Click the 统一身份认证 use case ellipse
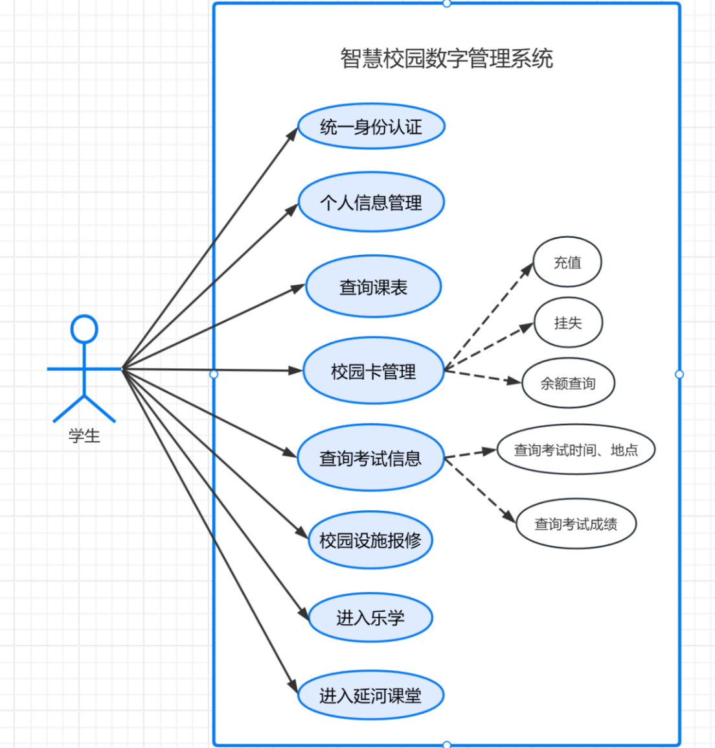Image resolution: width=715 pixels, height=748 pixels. [371, 126]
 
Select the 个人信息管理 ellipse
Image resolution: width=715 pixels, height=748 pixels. [371, 202]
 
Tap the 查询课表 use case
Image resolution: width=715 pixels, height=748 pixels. [373, 287]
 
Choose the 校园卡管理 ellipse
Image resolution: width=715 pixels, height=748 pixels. [373, 371]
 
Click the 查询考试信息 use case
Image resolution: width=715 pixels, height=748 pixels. [370, 458]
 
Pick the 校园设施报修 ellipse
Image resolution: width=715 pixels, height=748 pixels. [370, 540]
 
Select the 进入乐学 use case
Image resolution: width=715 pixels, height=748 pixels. [370, 618]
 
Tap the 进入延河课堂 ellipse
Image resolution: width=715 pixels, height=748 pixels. [370, 695]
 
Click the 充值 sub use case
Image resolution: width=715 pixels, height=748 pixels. [567, 263]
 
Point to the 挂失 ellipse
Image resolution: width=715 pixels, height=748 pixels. [568, 323]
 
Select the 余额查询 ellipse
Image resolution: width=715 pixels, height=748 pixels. [568, 383]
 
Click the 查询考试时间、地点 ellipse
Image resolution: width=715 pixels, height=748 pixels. [576, 450]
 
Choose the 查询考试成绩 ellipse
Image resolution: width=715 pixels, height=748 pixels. [576, 524]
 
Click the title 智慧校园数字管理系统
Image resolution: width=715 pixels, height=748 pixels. [446, 58]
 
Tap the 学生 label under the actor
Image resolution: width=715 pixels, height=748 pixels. [84, 436]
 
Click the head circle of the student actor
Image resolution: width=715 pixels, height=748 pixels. [84, 329]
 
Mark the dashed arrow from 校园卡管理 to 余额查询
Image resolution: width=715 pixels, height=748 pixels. [483, 377]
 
